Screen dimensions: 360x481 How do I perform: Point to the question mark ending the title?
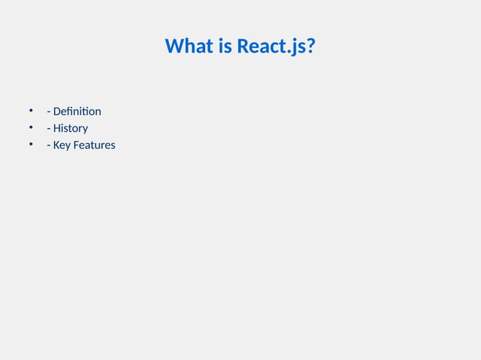(x=311, y=47)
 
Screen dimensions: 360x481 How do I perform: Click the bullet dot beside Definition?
(x=32, y=111)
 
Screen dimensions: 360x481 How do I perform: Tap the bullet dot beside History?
(x=32, y=127)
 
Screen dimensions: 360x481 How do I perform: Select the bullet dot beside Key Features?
(x=32, y=144)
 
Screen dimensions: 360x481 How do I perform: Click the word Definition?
(x=77, y=111)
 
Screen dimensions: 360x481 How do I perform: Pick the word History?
(x=70, y=128)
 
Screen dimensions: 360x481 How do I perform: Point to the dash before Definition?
(x=48, y=112)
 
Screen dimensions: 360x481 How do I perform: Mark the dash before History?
(x=48, y=129)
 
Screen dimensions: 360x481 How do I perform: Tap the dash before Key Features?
(x=48, y=145)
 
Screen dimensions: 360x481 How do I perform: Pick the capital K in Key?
(x=57, y=145)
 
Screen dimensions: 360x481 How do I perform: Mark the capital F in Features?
(x=77, y=145)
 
